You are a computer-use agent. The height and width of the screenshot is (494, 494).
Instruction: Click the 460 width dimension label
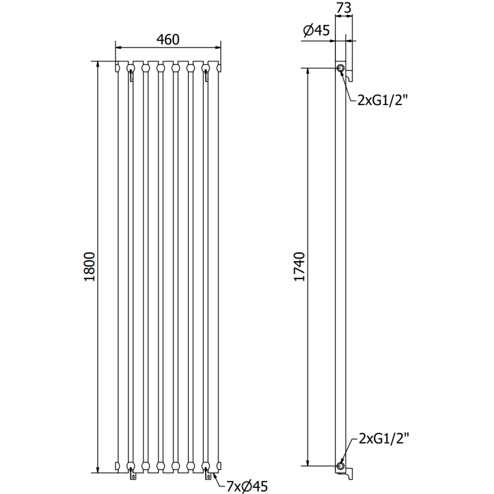[167, 40]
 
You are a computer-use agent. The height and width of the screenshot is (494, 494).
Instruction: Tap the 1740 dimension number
[299, 267]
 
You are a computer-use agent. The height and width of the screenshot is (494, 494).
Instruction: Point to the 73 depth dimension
[345, 8]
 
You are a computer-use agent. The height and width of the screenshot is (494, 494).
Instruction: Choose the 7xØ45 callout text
[246, 486]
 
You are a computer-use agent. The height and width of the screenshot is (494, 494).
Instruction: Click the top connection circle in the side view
[340, 68]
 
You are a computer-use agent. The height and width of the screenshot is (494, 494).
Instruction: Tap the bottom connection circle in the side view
[340, 465]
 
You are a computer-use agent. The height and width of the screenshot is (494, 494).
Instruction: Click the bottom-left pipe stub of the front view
[131, 475]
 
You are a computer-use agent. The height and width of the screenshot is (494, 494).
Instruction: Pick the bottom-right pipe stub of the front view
[206, 475]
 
